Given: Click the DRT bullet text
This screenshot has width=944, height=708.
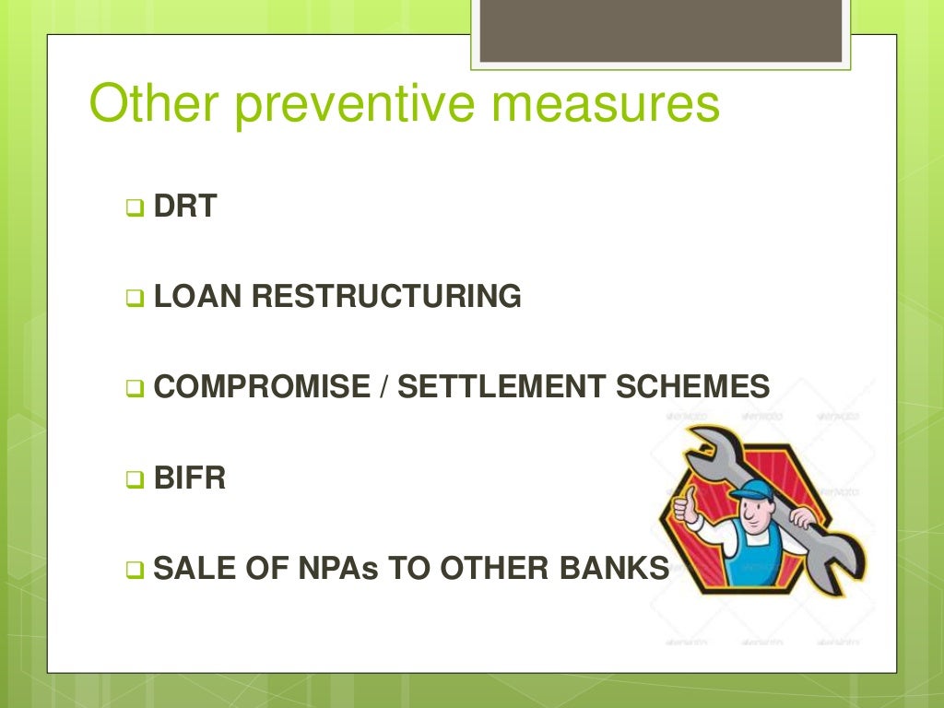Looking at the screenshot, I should [x=184, y=206].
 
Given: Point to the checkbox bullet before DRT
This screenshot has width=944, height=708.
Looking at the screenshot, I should [x=134, y=208].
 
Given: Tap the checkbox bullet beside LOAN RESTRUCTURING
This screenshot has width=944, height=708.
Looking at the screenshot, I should [x=134, y=299].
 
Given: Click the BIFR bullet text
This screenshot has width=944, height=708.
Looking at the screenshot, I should [x=189, y=478].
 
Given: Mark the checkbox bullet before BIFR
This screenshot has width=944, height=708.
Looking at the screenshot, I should [x=134, y=480].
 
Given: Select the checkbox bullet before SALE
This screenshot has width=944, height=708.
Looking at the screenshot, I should [x=134, y=571].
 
